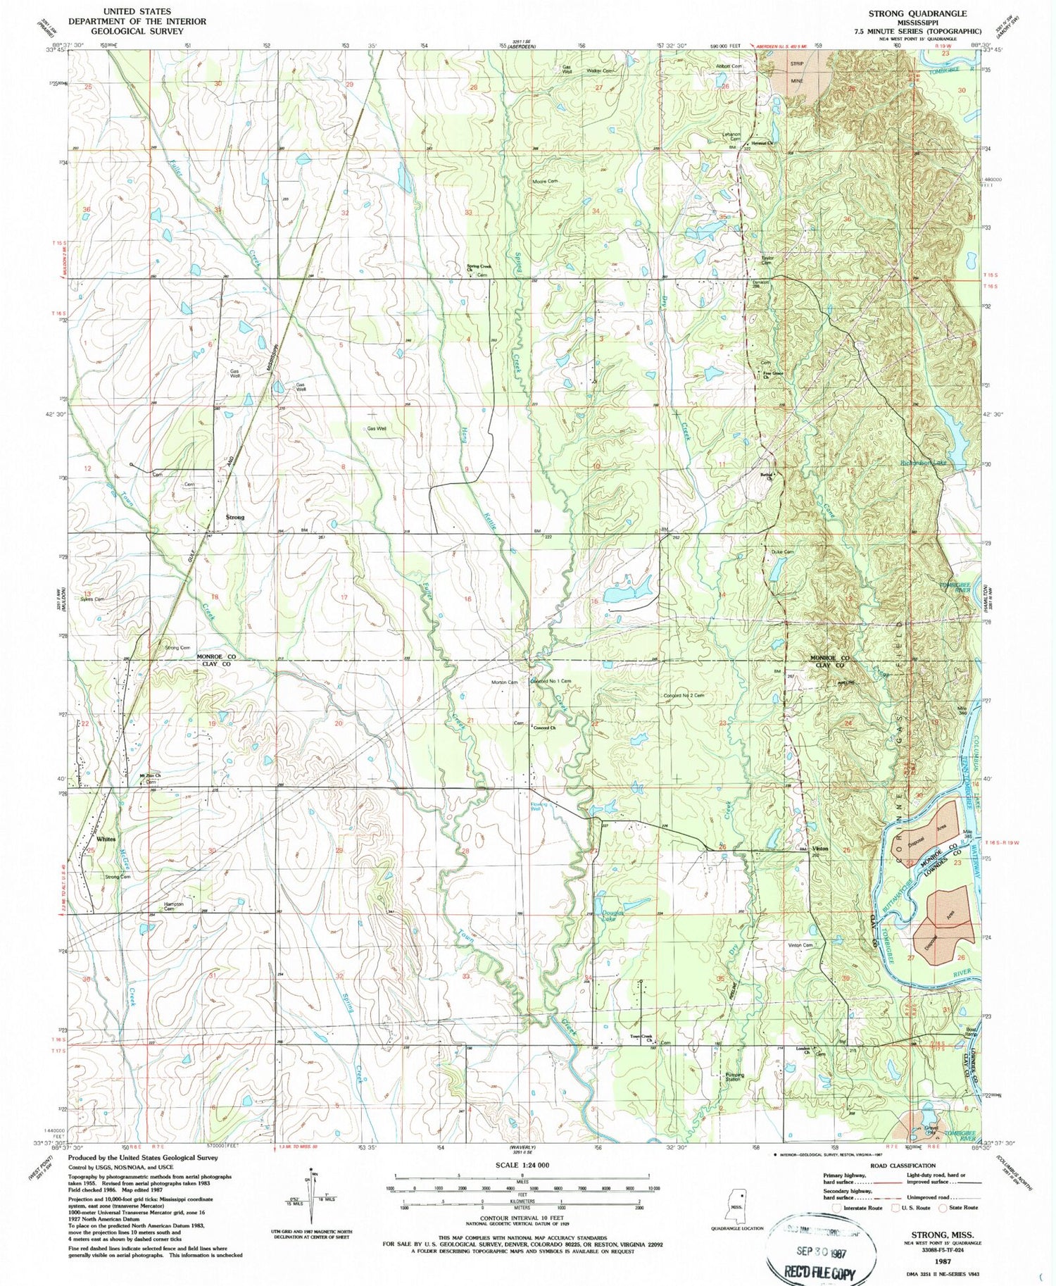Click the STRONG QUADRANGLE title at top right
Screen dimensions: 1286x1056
coord(917,13)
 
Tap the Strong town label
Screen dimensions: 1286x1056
coord(235,517)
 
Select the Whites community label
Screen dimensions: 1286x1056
coord(106,839)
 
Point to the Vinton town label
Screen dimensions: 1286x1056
coord(820,849)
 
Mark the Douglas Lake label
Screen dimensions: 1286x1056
coord(608,916)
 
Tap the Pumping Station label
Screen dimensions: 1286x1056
coord(734,1078)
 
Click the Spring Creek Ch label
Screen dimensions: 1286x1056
coord(479,268)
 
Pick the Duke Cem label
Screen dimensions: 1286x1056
coord(782,551)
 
